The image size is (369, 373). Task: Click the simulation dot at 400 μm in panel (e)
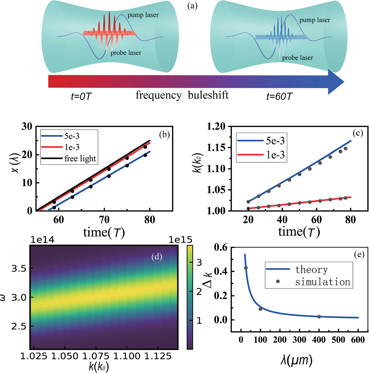[319, 317]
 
